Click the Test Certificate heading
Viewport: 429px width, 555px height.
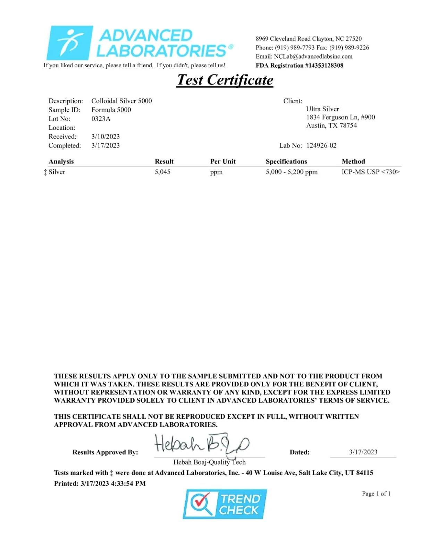coord(225,80)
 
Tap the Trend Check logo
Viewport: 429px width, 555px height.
coord(225,504)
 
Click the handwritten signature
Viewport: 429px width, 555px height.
coord(201,444)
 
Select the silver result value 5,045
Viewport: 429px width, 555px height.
coord(162,172)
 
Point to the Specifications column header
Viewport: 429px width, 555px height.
coord(286,161)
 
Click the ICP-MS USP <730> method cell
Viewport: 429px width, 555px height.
coord(370,172)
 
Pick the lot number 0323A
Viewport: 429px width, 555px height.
coord(101,119)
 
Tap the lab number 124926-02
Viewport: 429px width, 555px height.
coord(321,145)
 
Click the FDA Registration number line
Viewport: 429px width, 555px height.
coord(299,65)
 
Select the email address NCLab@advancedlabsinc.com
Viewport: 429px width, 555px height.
coord(313,56)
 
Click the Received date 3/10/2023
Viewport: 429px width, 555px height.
coord(106,136)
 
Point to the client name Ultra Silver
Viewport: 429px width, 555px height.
coord(322,109)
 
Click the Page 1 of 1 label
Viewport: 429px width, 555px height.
coord(376,494)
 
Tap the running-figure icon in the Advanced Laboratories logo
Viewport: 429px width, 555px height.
coord(70,43)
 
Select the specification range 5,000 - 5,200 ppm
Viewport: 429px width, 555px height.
coord(292,172)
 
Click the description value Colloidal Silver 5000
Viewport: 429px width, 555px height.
coord(121,101)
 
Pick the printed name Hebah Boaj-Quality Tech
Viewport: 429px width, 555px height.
coord(209,462)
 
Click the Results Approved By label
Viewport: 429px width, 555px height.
coord(105,452)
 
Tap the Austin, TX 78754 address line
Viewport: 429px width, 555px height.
coord(331,126)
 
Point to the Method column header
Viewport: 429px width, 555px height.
coord(353,161)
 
